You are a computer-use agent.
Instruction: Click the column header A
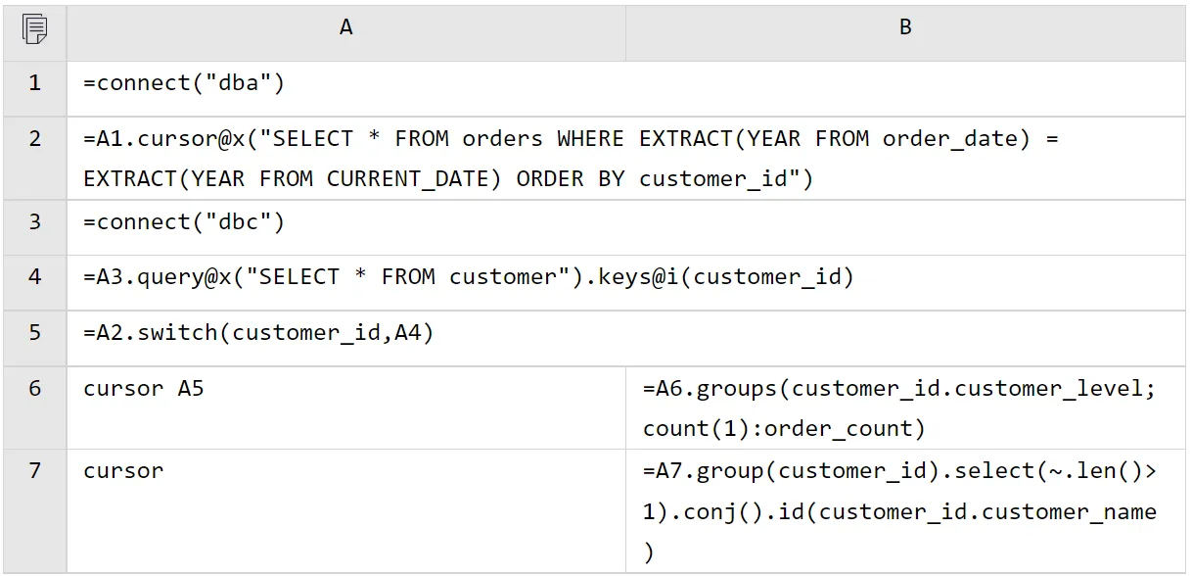(x=345, y=28)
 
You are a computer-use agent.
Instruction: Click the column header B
(x=905, y=28)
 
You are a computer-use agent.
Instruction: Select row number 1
(x=35, y=83)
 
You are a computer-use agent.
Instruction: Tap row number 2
(x=35, y=139)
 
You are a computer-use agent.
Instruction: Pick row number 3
(x=35, y=221)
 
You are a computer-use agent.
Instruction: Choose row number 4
(x=35, y=277)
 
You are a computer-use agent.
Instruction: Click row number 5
(x=35, y=333)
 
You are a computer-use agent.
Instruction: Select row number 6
(x=35, y=389)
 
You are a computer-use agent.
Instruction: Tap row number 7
(x=35, y=471)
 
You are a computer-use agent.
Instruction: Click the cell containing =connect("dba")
(x=184, y=84)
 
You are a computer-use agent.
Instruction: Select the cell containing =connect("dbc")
(x=184, y=222)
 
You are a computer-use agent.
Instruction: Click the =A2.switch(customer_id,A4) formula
(x=258, y=334)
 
